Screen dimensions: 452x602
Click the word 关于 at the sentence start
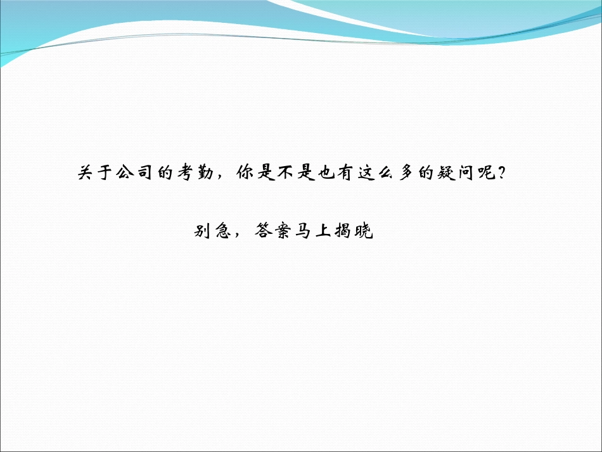point(96,173)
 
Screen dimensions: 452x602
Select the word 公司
point(135,173)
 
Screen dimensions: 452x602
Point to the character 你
point(244,173)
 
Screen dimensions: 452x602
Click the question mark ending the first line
point(500,173)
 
